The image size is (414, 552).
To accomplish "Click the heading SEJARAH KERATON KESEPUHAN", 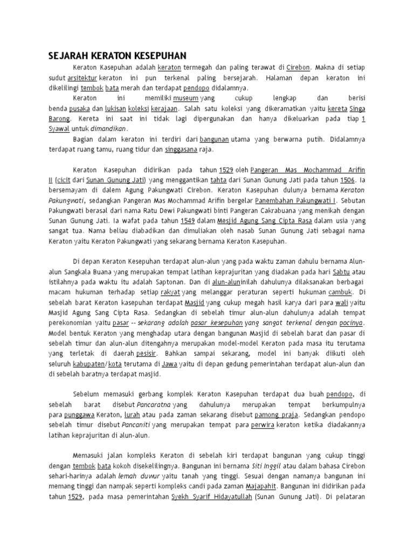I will (x=117, y=56).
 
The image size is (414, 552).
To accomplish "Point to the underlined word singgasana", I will (x=181, y=149).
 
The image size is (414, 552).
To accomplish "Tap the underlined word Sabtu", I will (x=342, y=272).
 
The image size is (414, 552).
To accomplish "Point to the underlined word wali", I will (x=342, y=302).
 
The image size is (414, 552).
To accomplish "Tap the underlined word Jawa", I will (x=170, y=364).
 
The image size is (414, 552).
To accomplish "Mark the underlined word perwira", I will (x=263, y=425).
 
